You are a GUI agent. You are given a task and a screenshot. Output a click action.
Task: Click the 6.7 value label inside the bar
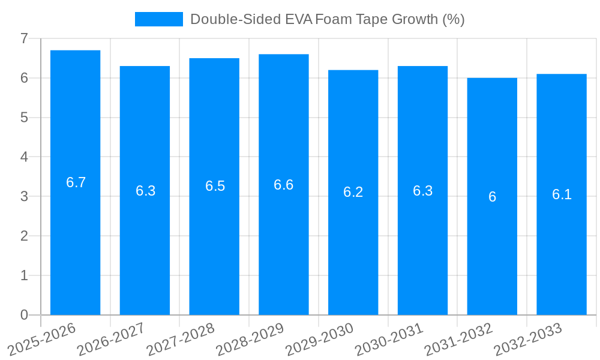click(x=76, y=182)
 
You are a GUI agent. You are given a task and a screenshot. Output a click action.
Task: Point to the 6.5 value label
click(x=215, y=186)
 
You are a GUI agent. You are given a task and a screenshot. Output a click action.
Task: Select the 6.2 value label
click(x=353, y=192)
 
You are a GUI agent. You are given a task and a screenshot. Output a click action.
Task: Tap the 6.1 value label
click(x=562, y=194)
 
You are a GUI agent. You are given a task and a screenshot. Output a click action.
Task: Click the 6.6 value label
click(x=284, y=184)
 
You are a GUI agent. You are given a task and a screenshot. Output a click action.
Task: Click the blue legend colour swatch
click(x=158, y=19)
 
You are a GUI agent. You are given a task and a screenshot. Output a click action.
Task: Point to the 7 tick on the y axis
click(x=24, y=38)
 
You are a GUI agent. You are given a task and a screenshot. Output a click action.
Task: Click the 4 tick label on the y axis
click(x=24, y=157)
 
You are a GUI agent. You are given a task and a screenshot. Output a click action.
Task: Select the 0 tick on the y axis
click(x=24, y=314)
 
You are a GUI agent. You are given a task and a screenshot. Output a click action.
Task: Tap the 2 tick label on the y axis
click(x=24, y=236)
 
